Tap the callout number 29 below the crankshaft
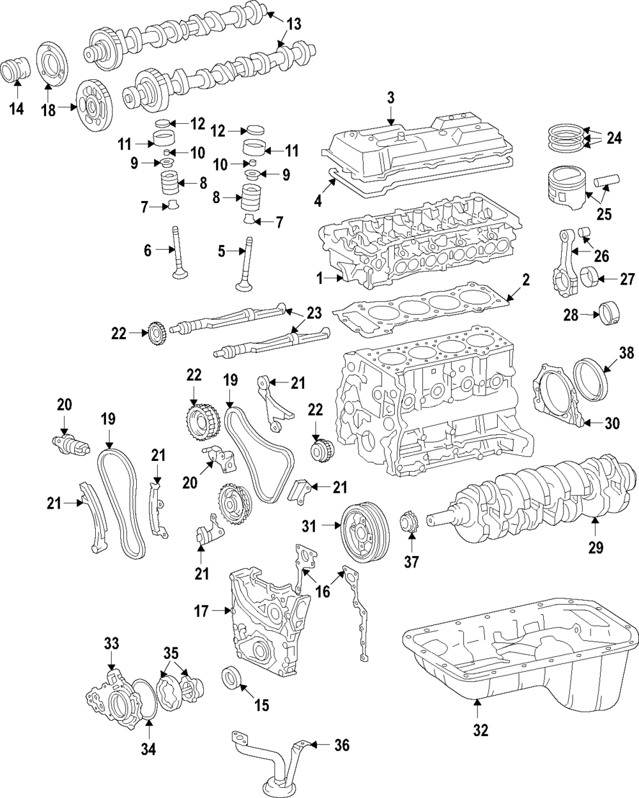point(595,546)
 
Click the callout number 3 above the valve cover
point(390,98)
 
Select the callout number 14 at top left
point(17,109)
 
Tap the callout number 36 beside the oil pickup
point(343,745)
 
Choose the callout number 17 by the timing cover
point(202,611)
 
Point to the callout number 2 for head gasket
point(525,279)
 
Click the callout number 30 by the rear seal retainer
point(612,423)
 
